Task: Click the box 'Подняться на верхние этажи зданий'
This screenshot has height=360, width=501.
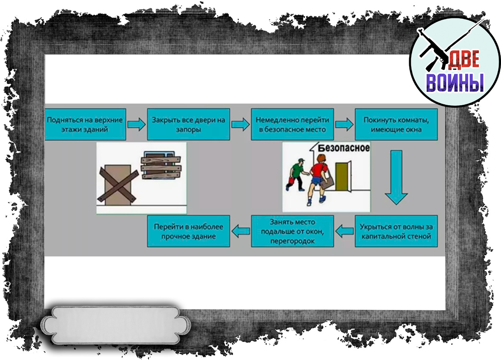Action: (84, 124)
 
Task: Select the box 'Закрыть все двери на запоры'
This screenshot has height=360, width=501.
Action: (188, 124)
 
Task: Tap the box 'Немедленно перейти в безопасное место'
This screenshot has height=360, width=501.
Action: (292, 124)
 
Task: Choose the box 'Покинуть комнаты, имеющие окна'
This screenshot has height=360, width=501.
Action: (396, 124)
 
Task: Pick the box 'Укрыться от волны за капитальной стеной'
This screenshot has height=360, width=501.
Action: (396, 231)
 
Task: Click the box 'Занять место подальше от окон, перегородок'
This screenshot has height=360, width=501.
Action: (292, 231)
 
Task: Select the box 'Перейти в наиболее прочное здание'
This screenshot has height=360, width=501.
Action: (188, 231)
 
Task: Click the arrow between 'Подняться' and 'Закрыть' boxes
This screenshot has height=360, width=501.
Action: (135, 124)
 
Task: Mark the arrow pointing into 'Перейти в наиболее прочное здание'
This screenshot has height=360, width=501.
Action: (240, 231)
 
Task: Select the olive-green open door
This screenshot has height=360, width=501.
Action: (342, 175)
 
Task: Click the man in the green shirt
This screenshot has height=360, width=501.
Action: (297, 173)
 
